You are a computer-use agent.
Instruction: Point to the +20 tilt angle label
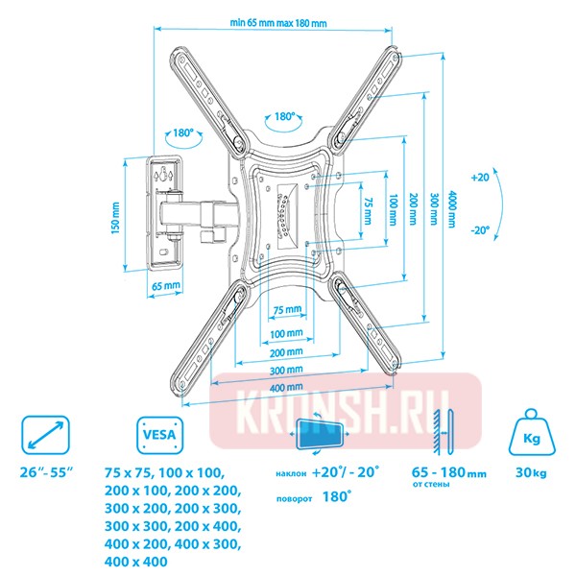pos(481,178)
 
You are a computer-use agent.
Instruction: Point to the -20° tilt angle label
pos(480,230)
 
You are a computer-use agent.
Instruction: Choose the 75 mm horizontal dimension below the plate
pos(286,310)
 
